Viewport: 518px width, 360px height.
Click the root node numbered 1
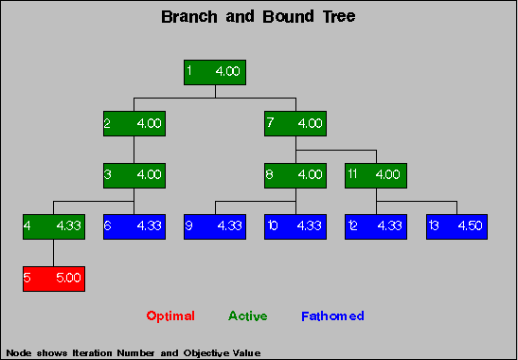215,72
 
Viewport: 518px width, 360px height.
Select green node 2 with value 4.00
134,123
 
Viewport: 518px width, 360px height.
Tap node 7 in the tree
295,123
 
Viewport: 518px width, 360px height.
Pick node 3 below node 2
134,175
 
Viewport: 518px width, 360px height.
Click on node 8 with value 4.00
295,175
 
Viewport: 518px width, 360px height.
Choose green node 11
376,175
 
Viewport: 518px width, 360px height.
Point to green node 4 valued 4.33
54,227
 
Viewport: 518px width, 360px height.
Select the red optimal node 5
54,279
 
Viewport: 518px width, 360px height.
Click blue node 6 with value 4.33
134,227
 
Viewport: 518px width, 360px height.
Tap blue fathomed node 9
215,227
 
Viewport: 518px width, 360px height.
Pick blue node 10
295,227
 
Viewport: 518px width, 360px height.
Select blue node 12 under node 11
376,227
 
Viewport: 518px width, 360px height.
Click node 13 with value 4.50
456,227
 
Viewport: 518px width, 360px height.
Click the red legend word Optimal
170,316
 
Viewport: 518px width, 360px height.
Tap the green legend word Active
248,316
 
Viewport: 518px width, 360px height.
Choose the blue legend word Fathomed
332,316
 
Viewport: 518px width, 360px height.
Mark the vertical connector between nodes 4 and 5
54,253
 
